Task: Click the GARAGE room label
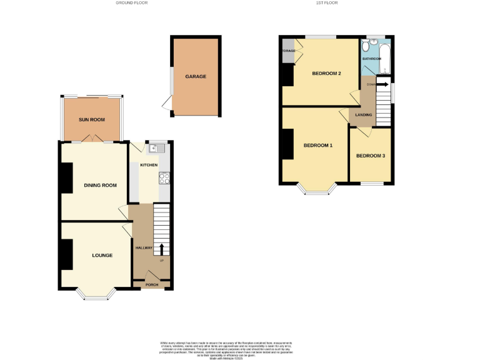point(196,77)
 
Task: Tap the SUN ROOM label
point(92,119)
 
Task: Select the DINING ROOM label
point(101,185)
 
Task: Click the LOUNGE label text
point(102,255)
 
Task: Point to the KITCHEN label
point(149,165)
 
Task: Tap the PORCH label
point(152,285)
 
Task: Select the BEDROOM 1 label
point(317,146)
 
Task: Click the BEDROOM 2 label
point(326,74)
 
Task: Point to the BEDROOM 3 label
point(371,156)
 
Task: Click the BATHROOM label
point(372,59)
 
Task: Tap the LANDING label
point(364,114)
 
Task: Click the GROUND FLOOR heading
point(131,3)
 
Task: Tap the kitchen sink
point(154,148)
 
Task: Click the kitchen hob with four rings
point(165,178)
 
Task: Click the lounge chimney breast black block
point(66,254)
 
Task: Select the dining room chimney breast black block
point(66,177)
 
